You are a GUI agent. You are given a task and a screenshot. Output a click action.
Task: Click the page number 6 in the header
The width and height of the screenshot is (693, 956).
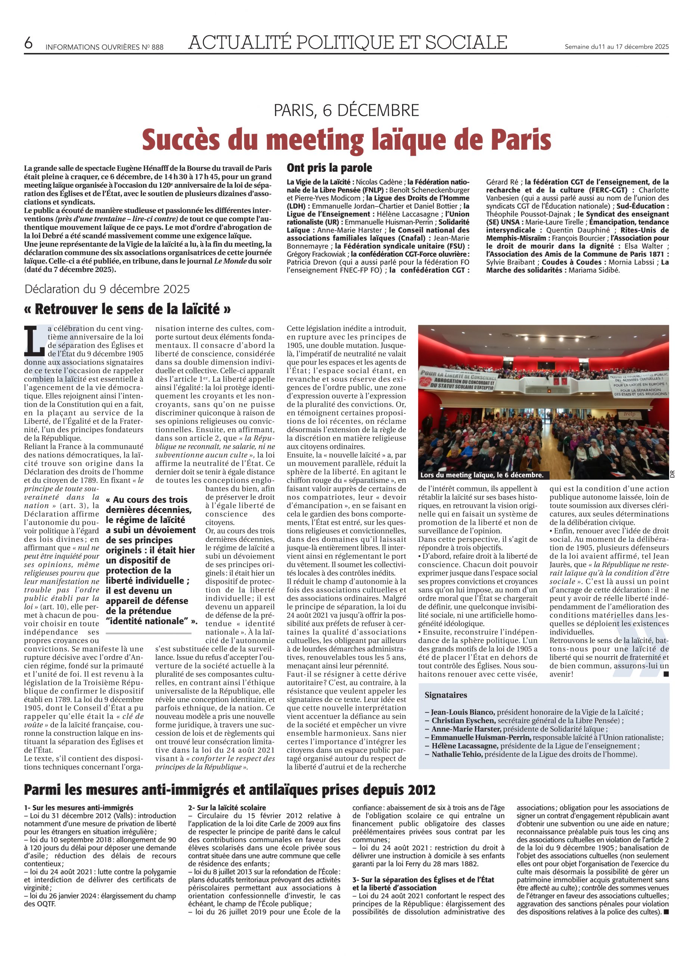(x=28, y=43)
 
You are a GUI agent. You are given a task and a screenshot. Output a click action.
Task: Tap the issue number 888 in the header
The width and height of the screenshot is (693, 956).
(x=157, y=47)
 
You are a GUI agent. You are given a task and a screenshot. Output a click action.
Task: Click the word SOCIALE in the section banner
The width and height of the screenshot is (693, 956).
(x=466, y=42)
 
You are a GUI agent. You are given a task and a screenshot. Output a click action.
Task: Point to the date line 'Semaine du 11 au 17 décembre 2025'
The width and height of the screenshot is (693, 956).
(x=616, y=47)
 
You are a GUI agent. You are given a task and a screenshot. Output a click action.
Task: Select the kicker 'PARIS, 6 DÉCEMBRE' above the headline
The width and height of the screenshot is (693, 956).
(x=346, y=111)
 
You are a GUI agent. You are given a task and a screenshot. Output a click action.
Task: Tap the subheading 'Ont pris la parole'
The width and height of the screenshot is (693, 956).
(x=329, y=168)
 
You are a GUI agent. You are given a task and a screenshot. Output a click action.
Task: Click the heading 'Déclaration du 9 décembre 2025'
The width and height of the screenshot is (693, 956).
(x=107, y=289)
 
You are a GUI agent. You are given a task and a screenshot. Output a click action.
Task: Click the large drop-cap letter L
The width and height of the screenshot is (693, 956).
(x=35, y=340)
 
